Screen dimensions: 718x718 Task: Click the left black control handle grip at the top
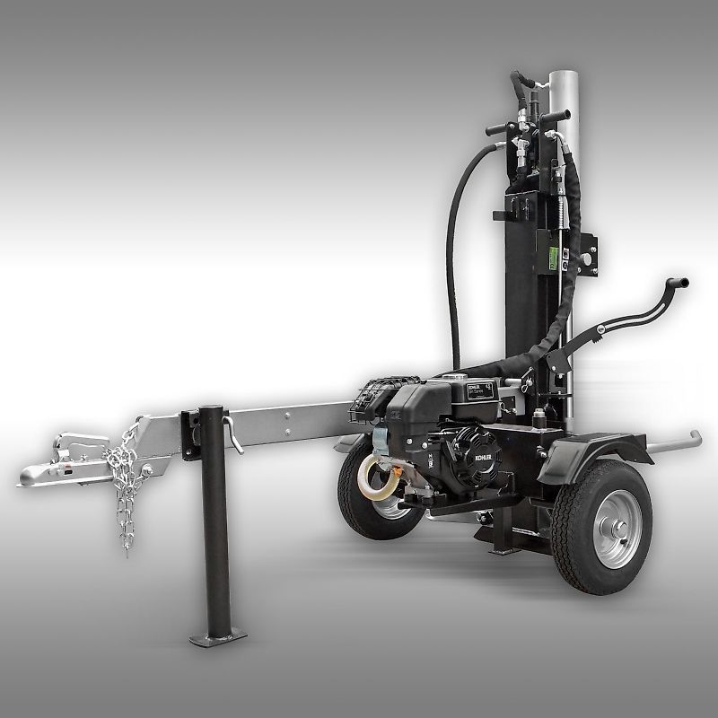point(498,130)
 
